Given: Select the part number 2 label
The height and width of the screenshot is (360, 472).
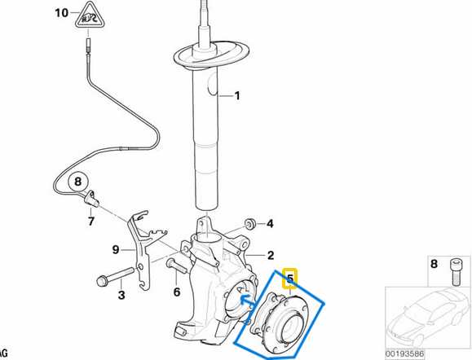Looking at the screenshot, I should tap(271, 254).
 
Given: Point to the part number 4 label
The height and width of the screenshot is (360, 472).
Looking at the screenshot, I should tap(271, 223).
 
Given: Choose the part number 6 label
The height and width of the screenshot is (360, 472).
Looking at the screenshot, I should tap(176, 292).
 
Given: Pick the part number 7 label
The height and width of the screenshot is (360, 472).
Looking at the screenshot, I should tap(91, 220).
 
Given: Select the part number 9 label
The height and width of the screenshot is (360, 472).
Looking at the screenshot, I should tap(116, 248).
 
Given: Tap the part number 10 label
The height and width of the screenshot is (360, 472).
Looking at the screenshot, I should tap(61, 13).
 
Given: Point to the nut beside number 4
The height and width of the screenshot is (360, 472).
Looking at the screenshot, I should tap(251, 222).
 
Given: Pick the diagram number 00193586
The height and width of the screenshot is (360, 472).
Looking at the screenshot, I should tap(428, 353).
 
